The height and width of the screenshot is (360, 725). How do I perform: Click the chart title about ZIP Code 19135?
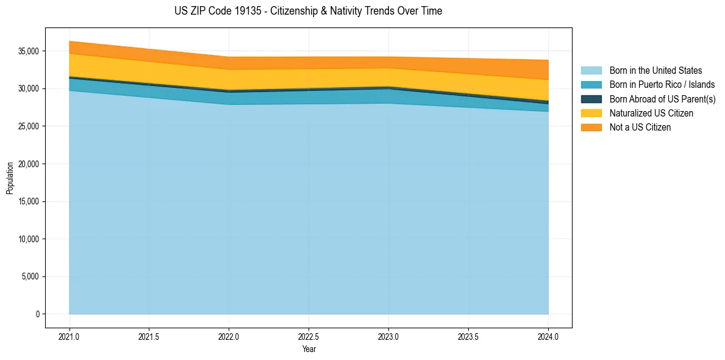pyautogui.click(x=308, y=11)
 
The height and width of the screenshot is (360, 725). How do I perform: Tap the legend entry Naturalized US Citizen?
pyautogui.click(x=651, y=113)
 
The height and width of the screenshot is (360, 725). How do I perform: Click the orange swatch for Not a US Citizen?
pyautogui.click(x=591, y=127)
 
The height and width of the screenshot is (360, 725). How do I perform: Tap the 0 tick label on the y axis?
pyautogui.click(x=37, y=314)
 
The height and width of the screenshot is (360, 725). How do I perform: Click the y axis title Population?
pyautogui.click(x=10, y=178)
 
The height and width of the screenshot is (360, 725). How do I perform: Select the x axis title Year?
pyautogui.click(x=309, y=349)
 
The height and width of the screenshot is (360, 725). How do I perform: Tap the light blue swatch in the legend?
pyautogui.click(x=591, y=71)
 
